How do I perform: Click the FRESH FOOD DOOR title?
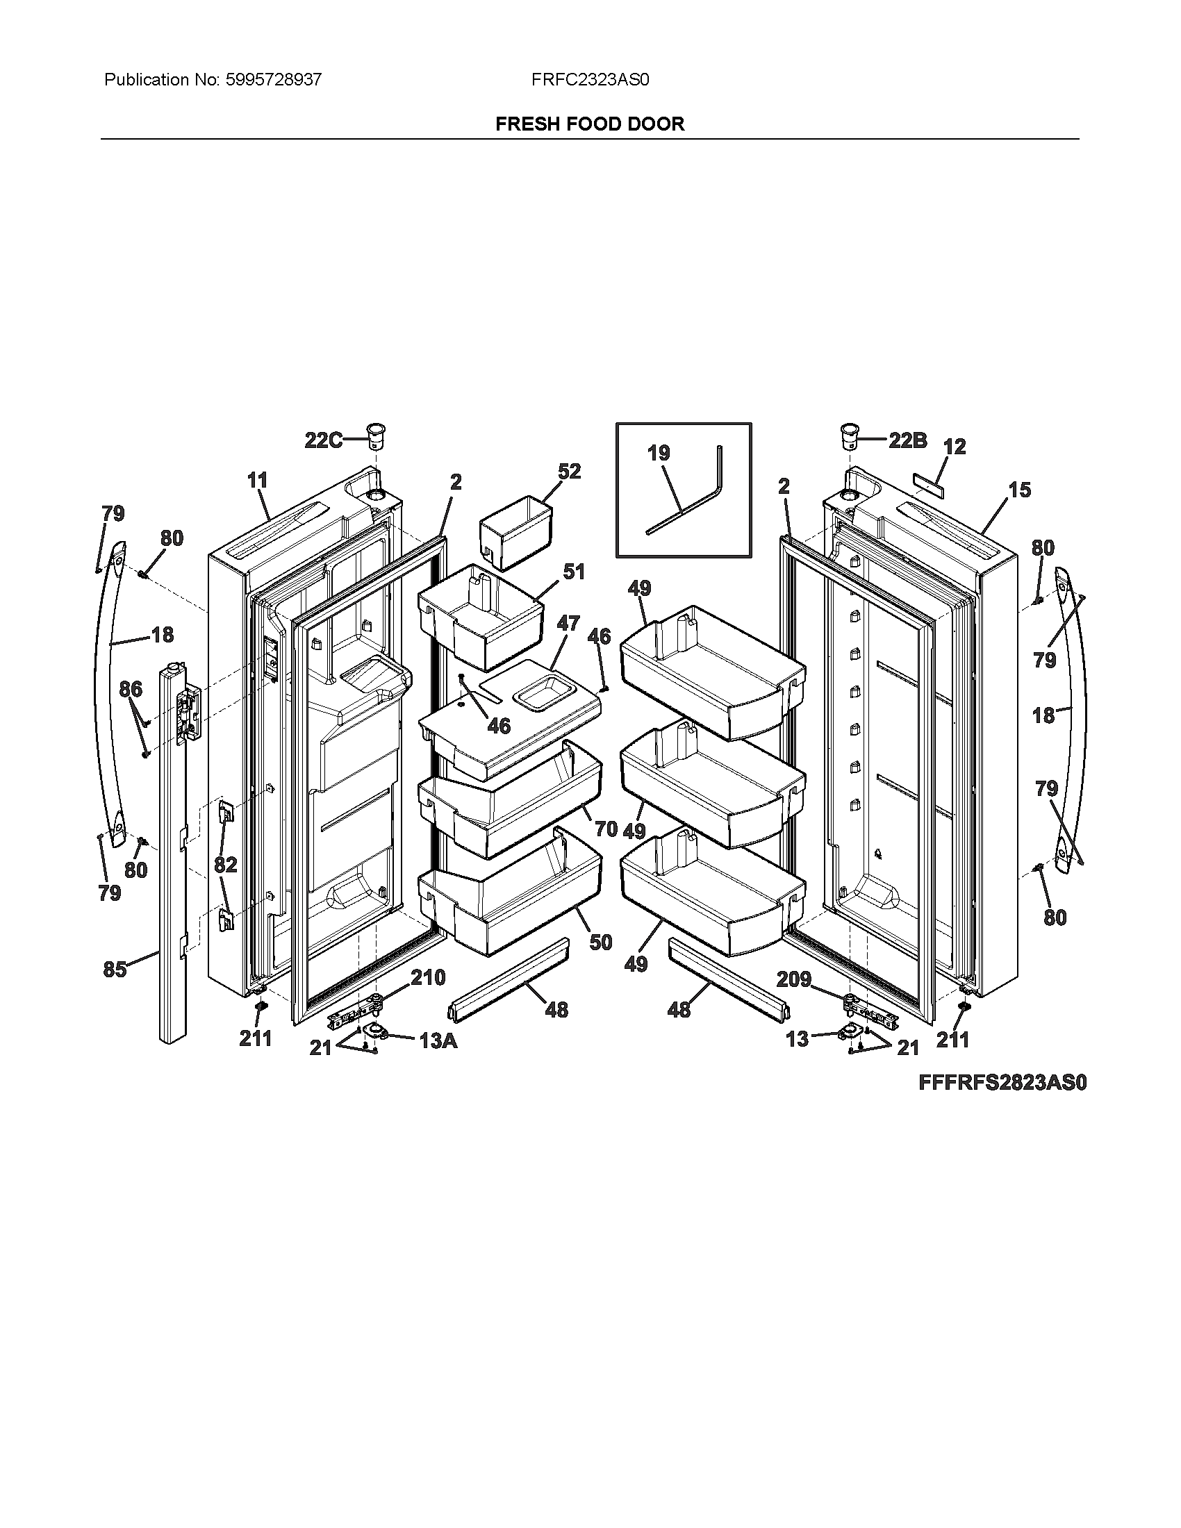(x=590, y=124)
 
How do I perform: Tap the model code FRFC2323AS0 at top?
(x=590, y=80)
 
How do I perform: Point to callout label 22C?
(x=323, y=440)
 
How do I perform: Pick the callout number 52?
(x=570, y=471)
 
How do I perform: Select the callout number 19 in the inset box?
(x=659, y=453)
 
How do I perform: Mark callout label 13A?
(x=438, y=1041)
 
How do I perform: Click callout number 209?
(x=794, y=979)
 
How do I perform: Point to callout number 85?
(x=115, y=969)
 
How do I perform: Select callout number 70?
(x=606, y=829)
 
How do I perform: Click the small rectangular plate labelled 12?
(x=927, y=483)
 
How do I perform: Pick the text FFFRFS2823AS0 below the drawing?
(x=1002, y=1082)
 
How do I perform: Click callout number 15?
(x=1019, y=490)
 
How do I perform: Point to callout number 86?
(x=131, y=689)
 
